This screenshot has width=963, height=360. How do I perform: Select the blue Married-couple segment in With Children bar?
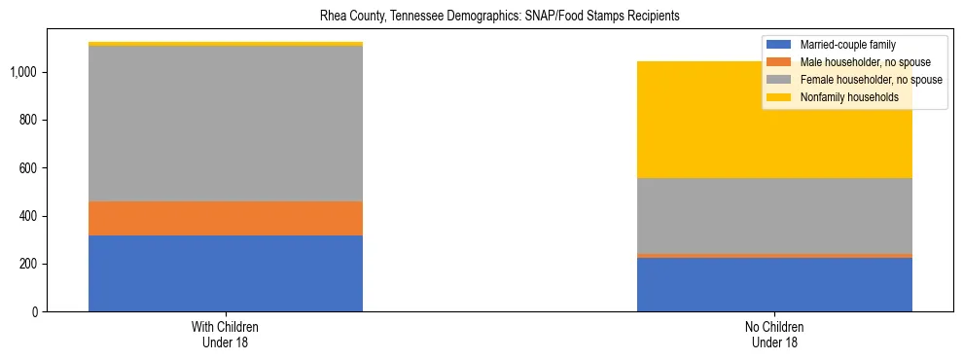pos(226,273)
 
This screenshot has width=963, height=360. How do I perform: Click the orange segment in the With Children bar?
pos(226,218)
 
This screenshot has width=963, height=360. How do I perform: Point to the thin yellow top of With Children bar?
pos(226,44)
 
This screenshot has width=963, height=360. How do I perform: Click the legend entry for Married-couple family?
pos(847,45)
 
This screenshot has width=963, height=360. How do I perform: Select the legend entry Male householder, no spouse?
pos(861,62)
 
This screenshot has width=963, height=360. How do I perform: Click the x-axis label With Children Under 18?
pos(226,335)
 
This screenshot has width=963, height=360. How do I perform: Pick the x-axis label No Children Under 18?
pos(774,335)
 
